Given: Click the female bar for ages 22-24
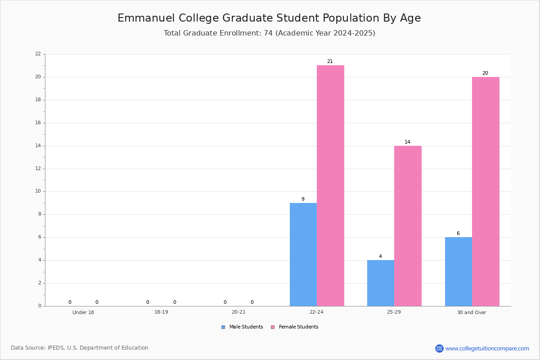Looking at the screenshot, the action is point(330,186).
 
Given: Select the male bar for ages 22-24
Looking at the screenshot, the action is point(303,255).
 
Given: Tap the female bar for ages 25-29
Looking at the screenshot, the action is point(408,226).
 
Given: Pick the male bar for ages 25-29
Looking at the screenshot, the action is point(381,283).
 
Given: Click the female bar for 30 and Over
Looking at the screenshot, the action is point(486,192).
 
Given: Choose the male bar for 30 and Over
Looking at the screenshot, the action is point(459,272).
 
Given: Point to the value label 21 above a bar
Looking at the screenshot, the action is point(330,62).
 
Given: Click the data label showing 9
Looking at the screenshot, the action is point(303,199).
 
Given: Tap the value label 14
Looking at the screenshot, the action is point(407,142).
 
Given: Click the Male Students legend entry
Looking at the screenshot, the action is point(242,327).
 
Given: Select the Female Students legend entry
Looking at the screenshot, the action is point(295,327).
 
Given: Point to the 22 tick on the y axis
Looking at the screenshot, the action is point(38,54).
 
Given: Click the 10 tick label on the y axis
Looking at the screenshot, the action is point(38,191).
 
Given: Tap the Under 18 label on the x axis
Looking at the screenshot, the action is point(83,312).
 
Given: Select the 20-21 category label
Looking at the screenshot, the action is point(238,312).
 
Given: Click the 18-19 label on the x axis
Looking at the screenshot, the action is point(161,312).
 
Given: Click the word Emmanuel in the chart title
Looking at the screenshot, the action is point(146,18).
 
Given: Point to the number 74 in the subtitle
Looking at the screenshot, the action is point(268,33).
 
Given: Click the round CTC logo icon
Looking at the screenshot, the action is point(439,349).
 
